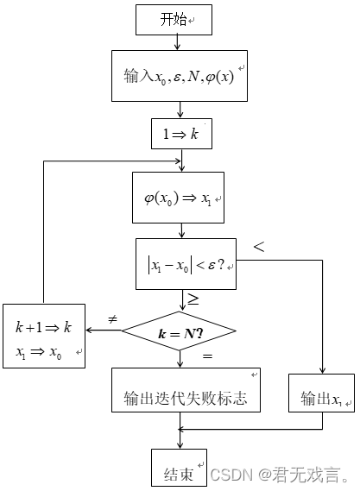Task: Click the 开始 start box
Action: click(x=180, y=20)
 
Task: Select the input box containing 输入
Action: click(x=180, y=76)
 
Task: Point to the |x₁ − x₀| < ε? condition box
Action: click(x=186, y=264)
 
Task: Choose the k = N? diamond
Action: click(x=180, y=332)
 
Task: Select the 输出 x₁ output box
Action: click(x=320, y=398)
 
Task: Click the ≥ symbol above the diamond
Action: click(x=193, y=300)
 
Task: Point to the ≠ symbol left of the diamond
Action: click(x=111, y=320)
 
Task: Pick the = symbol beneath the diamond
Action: click(x=207, y=356)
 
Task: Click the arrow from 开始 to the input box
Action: click(x=180, y=41)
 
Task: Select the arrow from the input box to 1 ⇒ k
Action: click(x=180, y=110)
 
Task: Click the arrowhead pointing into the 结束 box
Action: click(x=180, y=446)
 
